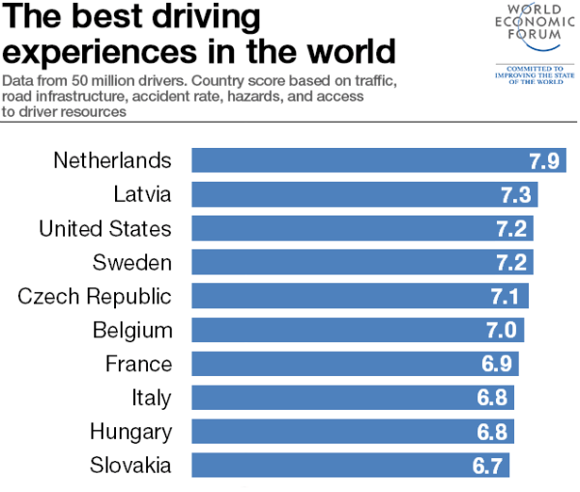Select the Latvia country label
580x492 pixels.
[x=141, y=194]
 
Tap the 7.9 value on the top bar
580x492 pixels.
[x=544, y=160]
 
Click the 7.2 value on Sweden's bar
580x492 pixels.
[x=512, y=262]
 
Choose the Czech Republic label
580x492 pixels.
[x=95, y=296]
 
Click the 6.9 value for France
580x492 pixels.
[x=498, y=363]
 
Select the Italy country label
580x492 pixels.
[x=152, y=397]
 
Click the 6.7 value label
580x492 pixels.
[x=488, y=465]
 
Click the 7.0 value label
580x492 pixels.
[x=503, y=330]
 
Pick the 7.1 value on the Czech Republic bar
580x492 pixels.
[x=507, y=296]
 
